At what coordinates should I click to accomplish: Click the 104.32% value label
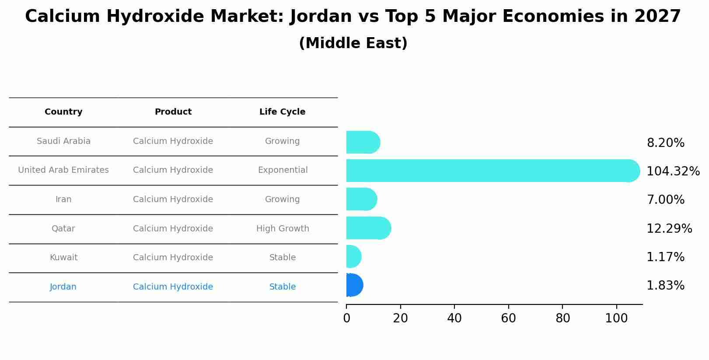tap(673, 171)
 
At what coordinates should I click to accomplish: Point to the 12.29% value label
tap(669, 228)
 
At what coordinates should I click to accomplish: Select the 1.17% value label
tap(665, 257)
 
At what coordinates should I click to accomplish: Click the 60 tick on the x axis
tap(508, 318)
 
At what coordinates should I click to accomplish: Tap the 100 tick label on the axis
tap(616, 318)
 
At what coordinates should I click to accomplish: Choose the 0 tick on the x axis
tap(346, 318)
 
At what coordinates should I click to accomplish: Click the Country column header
tap(63, 112)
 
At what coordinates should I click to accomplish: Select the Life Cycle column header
tap(282, 112)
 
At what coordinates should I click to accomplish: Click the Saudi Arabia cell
tap(63, 141)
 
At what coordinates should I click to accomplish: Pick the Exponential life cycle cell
tap(283, 170)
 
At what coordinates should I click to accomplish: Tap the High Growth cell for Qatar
tap(283, 228)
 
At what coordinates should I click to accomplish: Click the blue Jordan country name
tap(63, 287)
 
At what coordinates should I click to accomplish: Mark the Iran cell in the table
tap(63, 199)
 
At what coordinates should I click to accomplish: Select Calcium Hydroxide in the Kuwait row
tap(173, 257)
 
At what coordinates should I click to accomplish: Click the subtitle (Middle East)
tap(353, 43)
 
